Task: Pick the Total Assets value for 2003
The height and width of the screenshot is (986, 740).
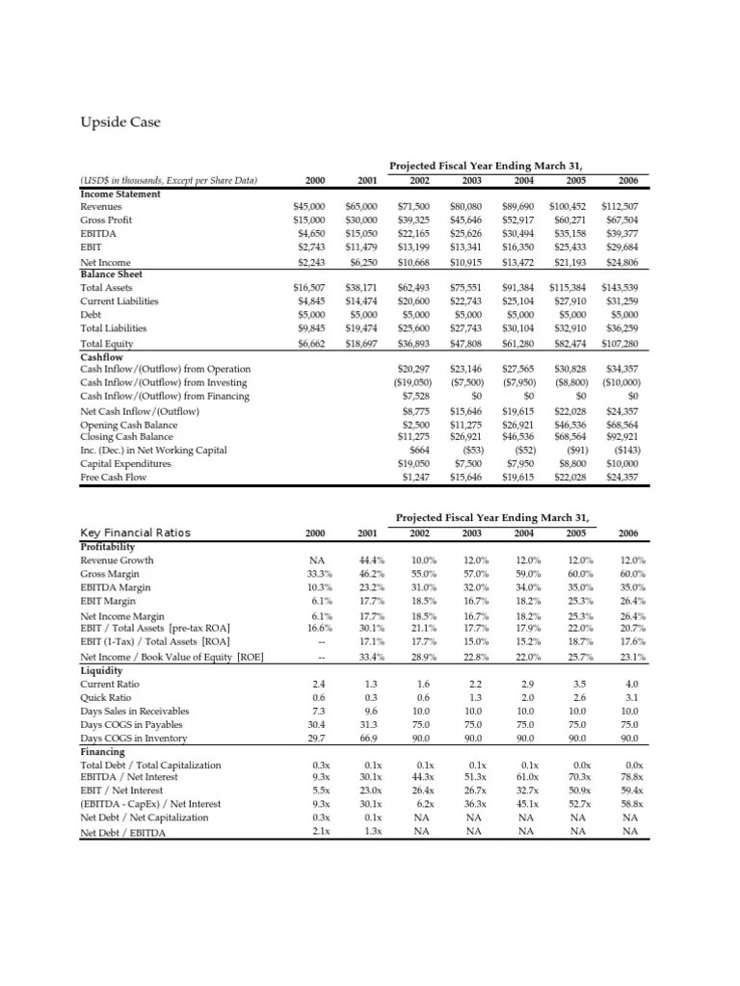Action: click(x=469, y=288)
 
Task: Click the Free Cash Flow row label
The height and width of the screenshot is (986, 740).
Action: click(x=114, y=477)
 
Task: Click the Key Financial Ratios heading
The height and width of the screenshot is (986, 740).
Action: click(x=136, y=532)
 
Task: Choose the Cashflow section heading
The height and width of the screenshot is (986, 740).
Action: click(x=103, y=355)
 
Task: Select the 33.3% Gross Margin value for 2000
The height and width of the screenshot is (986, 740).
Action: click(x=313, y=574)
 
